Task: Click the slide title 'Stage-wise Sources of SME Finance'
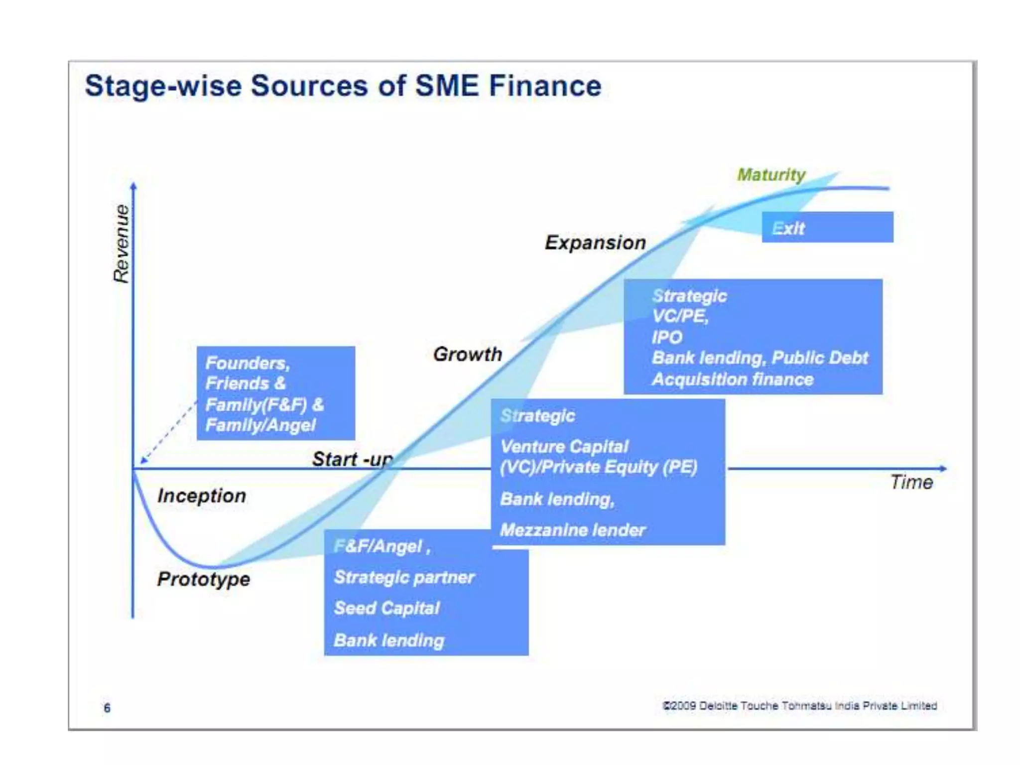pyautogui.click(x=343, y=86)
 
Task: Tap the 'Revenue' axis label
pyautogui.click(x=121, y=244)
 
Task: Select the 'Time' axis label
pyautogui.click(x=911, y=482)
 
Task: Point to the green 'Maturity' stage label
pyautogui.click(x=770, y=175)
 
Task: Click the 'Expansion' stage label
pyautogui.click(x=595, y=243)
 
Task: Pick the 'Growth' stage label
pyautogui.click(x=467, y=354)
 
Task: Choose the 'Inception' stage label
pyautogui.click(x=202, y=496)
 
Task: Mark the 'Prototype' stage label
pyautogui.click(x=204, y=579)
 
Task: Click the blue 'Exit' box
pyautogui.click(x=827, y=228)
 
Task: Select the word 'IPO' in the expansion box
pyautogui.click(x=666, y=337)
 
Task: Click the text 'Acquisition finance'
pyautogui.click(x=732, y=380)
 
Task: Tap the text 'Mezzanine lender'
pyautogui.click(x=572, y=530)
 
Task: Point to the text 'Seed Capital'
pyautogui.click(x=386, y=608)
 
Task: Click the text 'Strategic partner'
pyautogui.click(x=404, y=577)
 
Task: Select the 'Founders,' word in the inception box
pyautogui.click(x=247, y=363)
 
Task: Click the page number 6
pyautogui.click(x=107, y=708)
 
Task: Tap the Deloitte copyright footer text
pyautogui.click(x=799, y=706)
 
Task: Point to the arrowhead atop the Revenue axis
pyautogui.click(x=133, y=186)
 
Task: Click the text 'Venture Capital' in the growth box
pyautogui.click(x=564, y=446)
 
